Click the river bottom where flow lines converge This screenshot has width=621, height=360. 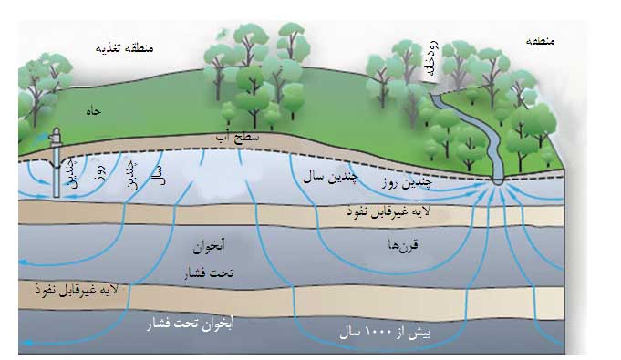pos(498,180)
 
